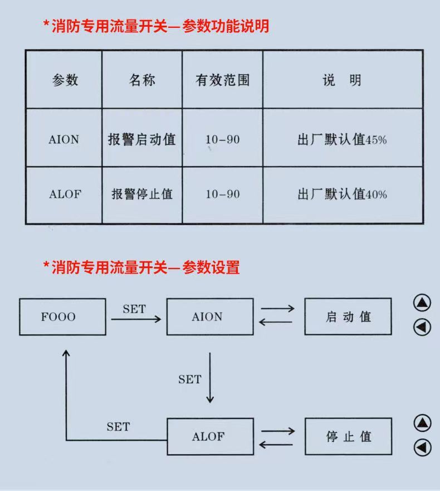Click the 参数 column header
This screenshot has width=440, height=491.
click(65, 80)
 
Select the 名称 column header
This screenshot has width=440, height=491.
click(141, 80)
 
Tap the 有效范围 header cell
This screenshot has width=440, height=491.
click(222, 80)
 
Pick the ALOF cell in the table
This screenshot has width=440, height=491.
click(65, 195)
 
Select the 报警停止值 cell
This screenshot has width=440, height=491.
click(141, 195)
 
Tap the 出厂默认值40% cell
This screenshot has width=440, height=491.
click(342, 195)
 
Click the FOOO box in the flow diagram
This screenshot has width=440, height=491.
click(62, 317)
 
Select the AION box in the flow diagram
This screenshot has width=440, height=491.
click(210, 317)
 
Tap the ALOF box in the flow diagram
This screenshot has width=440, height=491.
click(210, 436)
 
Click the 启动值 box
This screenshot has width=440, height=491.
click(348, 317)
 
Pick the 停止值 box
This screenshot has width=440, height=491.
click(348, 436)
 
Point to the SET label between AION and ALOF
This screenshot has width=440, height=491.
click(190, 380)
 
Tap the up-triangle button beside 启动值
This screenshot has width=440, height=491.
click(422, 303)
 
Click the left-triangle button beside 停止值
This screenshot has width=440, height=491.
click(422, 447)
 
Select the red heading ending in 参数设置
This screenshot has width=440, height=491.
click(141, 268)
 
